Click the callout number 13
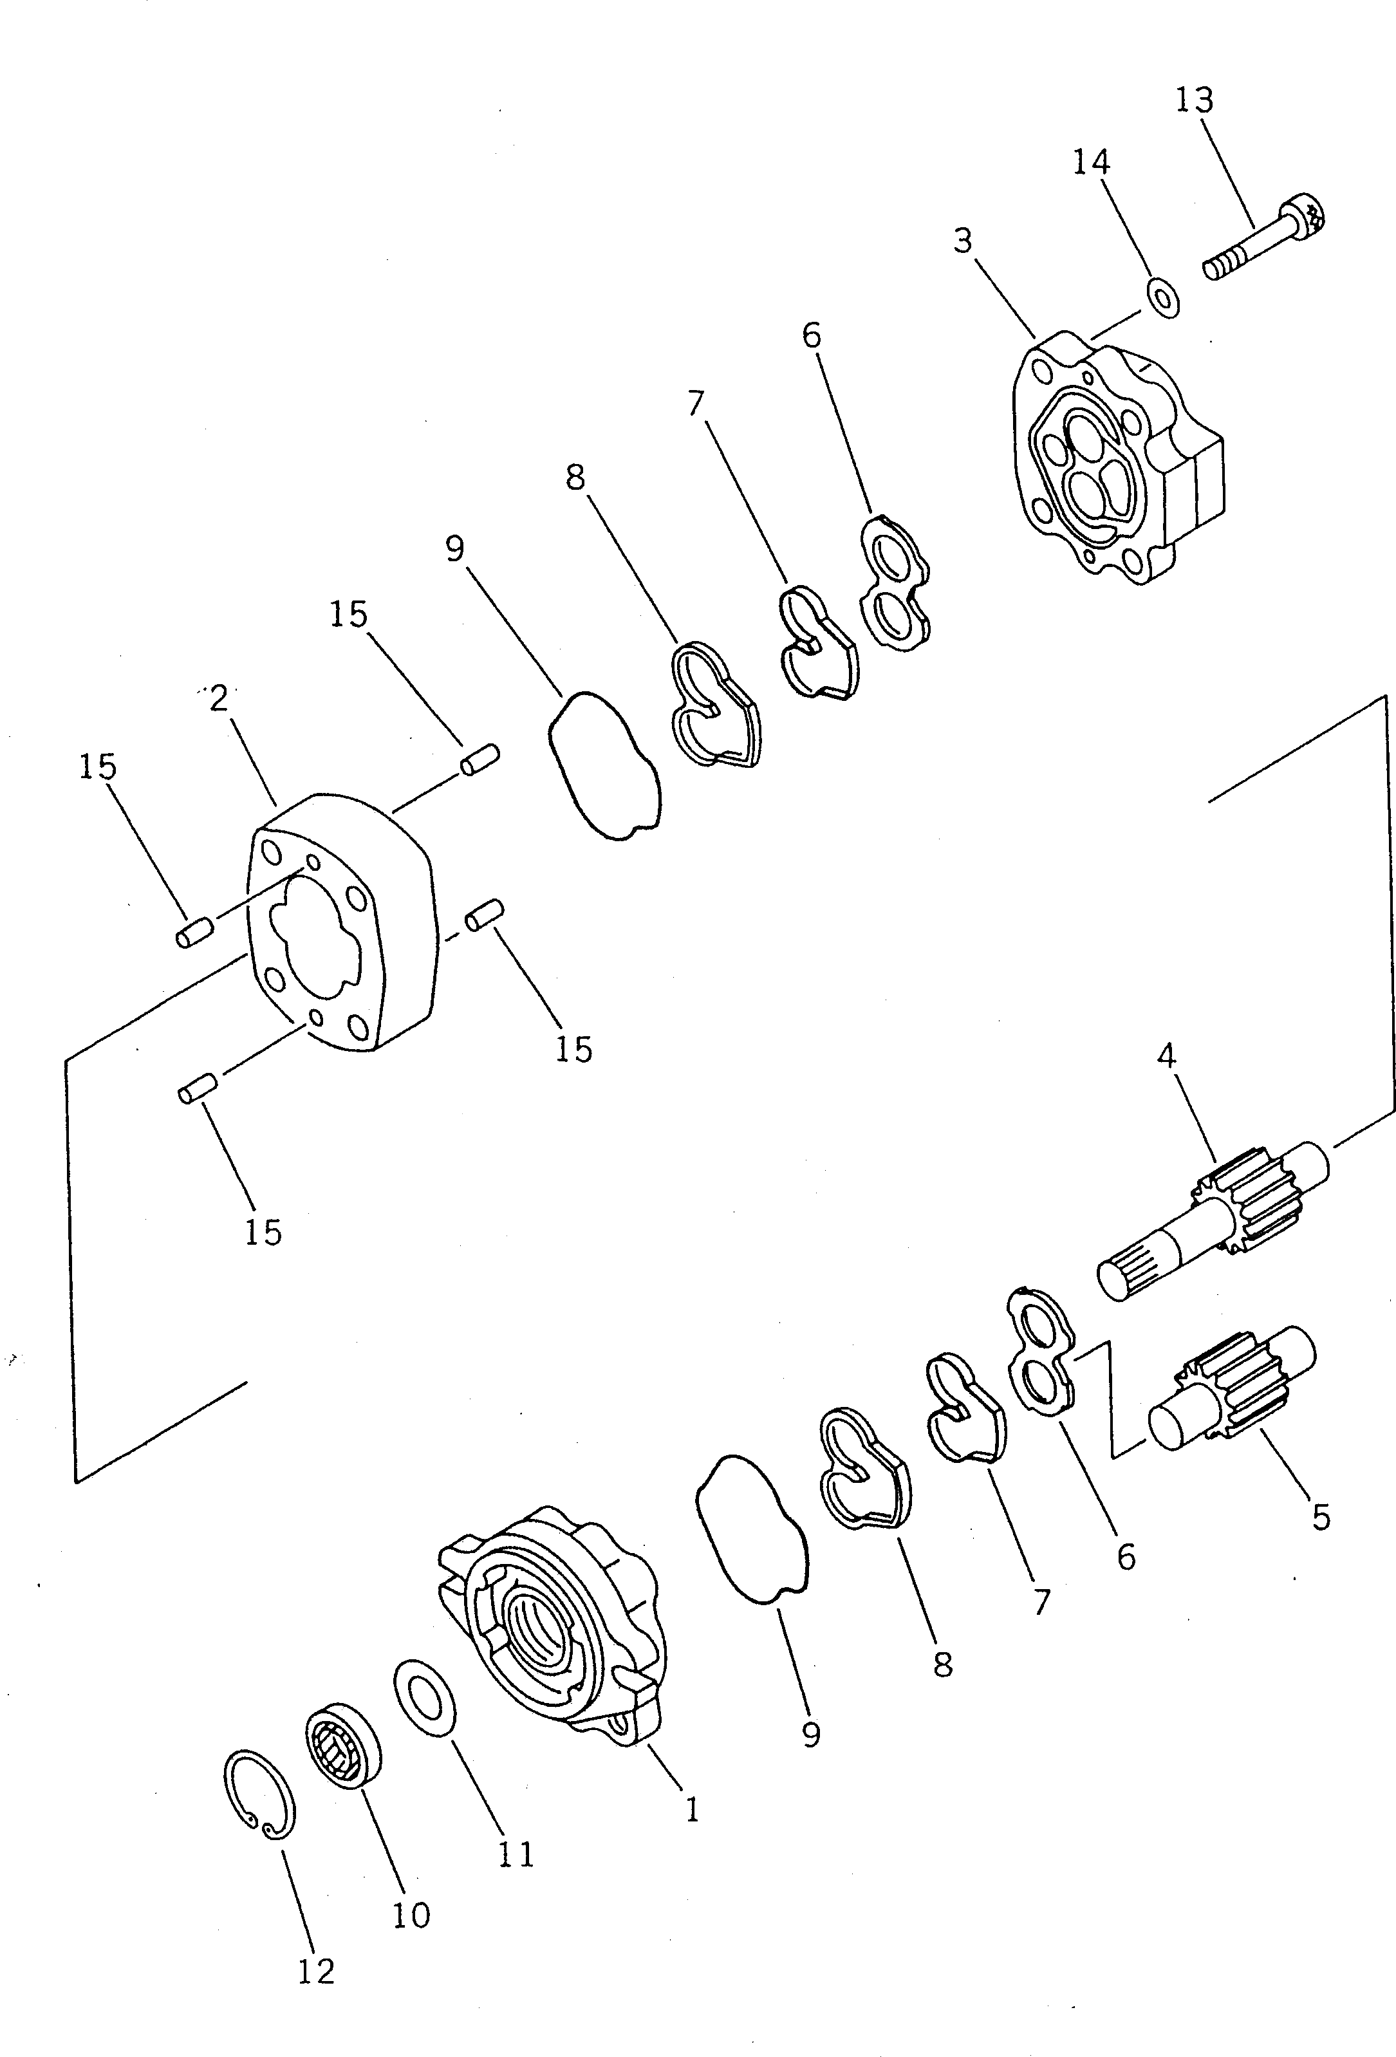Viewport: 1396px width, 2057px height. pyautogui.click(x=1194, y=100)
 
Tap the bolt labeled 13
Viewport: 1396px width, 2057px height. pyautogui.click(x=1266, y=239)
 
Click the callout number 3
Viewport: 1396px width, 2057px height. pyautogui.click(x=963, y=240)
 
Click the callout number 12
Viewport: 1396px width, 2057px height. pyautogui.click(x=316, y=1971)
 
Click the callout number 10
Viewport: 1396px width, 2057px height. pyautogui.click(x=411, y=1915)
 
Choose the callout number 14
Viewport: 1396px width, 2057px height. pyautogui.click(x=1090, y=162)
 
